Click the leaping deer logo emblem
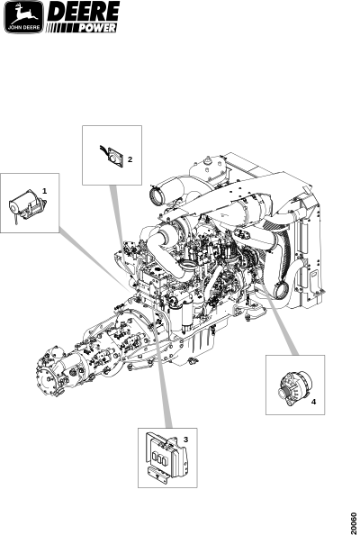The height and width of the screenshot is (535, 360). coord(23,17)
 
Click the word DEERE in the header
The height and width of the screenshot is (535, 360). coord(83,12)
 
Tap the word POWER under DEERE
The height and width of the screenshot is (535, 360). coord(97,28)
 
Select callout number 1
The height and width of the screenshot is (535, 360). coord(44,191)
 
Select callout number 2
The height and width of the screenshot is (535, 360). coord(130,159)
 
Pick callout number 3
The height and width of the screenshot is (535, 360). coord(185,440)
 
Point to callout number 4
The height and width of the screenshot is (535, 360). coord(313,402)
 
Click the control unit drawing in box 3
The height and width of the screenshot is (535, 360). coord(166,456)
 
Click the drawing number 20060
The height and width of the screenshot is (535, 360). coord(355,522)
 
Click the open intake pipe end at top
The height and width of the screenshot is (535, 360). coord(157,195)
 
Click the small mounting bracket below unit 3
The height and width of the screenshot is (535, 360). coord(157,475)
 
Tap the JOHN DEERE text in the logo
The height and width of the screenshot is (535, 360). coord(23,28)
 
